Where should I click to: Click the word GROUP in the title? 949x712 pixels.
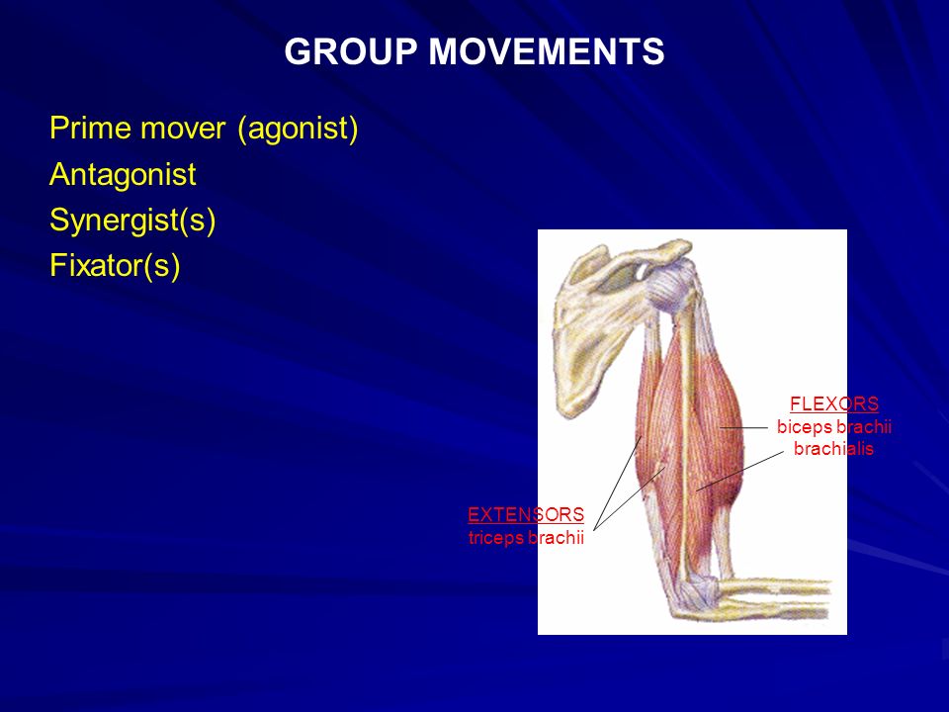351,51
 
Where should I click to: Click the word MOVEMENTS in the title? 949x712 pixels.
547,51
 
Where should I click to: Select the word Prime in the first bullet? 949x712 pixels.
91,128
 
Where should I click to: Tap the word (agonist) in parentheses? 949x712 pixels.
298,129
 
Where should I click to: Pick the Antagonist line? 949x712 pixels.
123,175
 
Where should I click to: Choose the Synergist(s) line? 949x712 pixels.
132,220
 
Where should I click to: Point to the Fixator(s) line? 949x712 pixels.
115,265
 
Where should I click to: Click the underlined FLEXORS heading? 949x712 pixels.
834,403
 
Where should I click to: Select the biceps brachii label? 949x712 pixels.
834,426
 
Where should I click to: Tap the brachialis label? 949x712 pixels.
833,449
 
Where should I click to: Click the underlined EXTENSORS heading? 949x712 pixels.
526,514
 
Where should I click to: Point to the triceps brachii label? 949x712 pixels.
526,537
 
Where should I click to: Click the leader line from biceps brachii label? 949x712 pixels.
743,427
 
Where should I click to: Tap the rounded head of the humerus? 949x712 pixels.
669,284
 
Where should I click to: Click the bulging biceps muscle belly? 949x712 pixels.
718,424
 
